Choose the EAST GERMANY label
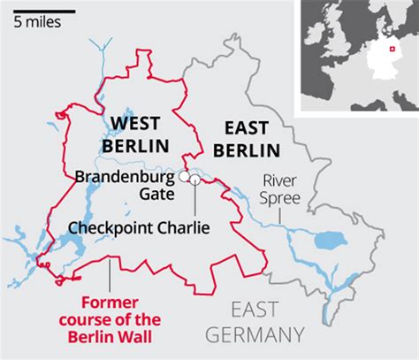tap(267, 322)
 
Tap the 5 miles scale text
tap(37, 20)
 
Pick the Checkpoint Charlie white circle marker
tap(194, 181)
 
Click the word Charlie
tap(182, 228)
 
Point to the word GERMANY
tap(267, 334)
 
